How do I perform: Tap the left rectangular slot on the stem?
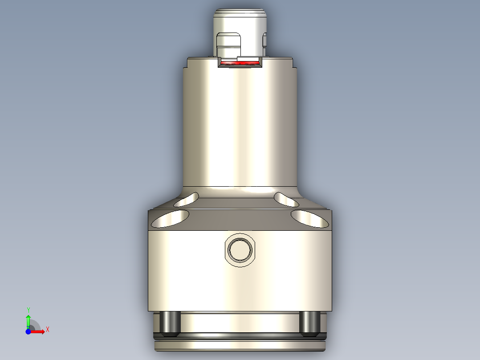tap(228, 45)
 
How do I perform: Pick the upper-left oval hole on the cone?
tap(187, 200)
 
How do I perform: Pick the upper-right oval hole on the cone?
tap(286, 200)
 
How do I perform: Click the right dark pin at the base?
tap(309, 323)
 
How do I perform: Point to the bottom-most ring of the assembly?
tap(240, 346)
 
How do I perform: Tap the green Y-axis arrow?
tap(28, 320)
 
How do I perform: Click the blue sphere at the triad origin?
tap(28, 331)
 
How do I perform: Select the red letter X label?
tap(48, 330)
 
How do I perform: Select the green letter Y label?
tap(28, 310)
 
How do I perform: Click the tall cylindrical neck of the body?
tap(240, 129)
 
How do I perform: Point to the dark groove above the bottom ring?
tap(240, 335)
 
